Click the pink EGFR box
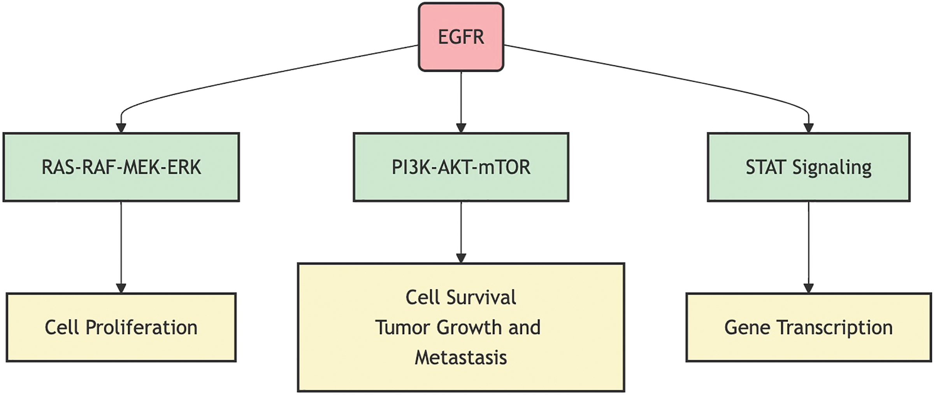pos(461,37)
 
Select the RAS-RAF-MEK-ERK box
pos(121,167)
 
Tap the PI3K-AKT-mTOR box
pos(461,167)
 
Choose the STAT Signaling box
pos(808,167)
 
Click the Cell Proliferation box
pos(121,327)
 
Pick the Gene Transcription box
pos(808,327)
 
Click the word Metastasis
pos(461,357)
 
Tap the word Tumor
pos(403,327)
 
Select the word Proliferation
pos(141,327)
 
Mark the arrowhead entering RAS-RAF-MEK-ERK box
pos(121,128)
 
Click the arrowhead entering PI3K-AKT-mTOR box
pos(461,128)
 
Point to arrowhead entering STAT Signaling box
pos(808,128)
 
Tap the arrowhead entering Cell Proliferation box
pos(121,288)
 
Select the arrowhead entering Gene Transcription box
pos(808,288)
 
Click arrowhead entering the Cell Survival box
pos(461,258)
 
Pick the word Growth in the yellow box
pos(469,327)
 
